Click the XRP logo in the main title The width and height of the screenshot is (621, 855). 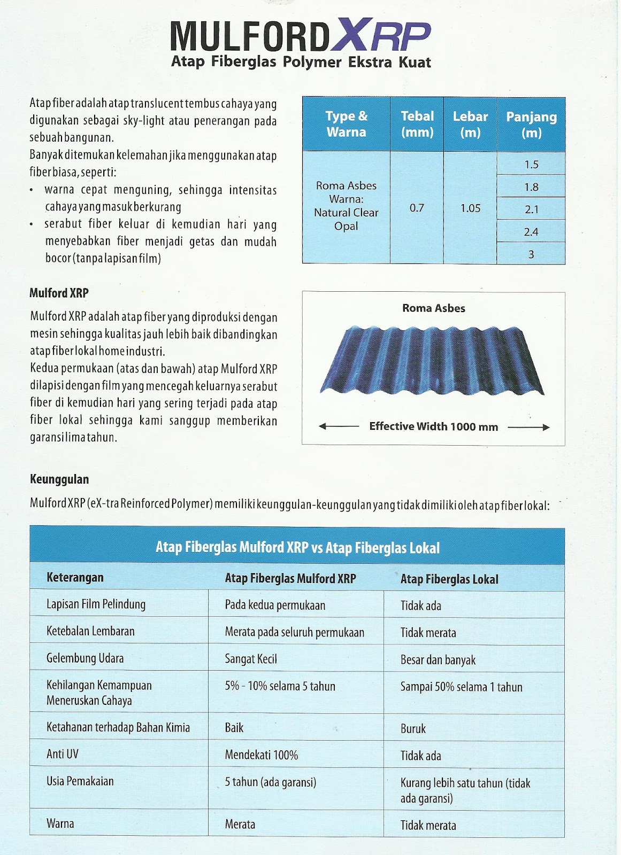[380, 37]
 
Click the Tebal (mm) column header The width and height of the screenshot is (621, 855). [417, 124]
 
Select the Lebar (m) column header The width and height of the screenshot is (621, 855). [470, 124]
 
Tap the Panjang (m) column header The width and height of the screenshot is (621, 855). [531, 125]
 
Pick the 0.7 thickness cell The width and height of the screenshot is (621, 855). [417, 208]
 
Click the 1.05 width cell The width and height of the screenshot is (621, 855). [470, 208]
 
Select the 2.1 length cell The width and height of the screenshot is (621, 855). [531, 209]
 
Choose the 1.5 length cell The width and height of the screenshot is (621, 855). [531, 164]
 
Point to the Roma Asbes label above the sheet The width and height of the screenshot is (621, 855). [433, 308]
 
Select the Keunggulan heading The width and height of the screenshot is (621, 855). [59, 479]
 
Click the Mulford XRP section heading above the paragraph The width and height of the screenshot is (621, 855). [59, 293]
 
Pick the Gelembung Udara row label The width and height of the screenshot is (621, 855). [85, 658]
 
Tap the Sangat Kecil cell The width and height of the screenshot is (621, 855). [251, 659]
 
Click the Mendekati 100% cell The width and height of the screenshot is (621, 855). [261, 755]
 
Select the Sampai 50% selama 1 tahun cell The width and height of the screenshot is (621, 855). [461, 687]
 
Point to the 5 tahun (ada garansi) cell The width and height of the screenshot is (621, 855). [270, 782]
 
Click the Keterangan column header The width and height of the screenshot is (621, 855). [75, 578]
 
